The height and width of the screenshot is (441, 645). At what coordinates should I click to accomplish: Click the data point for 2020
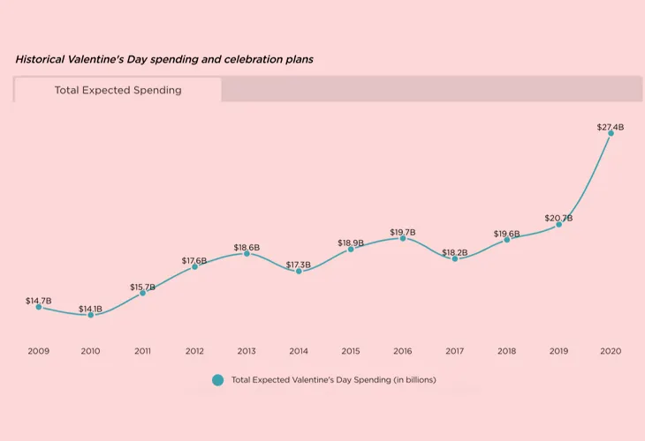click(x=611, y=133)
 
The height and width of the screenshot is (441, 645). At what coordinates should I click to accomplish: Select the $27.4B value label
click(x=611, y=127)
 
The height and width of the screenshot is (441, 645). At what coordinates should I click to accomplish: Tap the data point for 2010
click(x=90, y=315)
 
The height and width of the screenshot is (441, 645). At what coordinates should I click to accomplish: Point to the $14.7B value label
click(x=38, y=301)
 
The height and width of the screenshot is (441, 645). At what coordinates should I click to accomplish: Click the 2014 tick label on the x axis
click(x=299, y=351)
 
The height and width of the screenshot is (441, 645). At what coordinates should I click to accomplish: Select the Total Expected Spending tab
click(x=118, y=90)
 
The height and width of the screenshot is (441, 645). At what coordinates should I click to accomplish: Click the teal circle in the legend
click(x=217, y=380)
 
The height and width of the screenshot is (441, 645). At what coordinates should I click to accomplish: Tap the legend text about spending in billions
click(x=333, y=380)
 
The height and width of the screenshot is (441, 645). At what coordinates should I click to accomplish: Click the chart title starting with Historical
click(x=163, y=59)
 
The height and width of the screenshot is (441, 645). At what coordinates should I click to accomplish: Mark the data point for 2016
click(x=403, y=238)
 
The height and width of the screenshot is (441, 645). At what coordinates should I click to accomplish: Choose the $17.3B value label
click(x=299, y=265)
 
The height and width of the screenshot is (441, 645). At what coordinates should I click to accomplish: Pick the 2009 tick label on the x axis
click(x=38, y=351)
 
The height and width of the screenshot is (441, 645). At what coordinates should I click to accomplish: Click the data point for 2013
click(x=247, y=253)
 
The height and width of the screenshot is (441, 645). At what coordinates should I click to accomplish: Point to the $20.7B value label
click(x=558, y=218)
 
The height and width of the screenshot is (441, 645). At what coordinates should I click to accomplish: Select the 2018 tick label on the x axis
click(x=506, y=351)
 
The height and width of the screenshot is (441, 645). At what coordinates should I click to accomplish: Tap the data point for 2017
click(x=455, y=258)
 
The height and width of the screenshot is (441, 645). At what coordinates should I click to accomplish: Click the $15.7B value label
click(x=142, y=287)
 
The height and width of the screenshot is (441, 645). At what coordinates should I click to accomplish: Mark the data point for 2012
click(x=194, y=266)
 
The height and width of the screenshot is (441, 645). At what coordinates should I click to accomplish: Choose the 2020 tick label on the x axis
click(x=611, y=351)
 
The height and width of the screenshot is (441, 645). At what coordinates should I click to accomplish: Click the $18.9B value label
click(x=351, y=243)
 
